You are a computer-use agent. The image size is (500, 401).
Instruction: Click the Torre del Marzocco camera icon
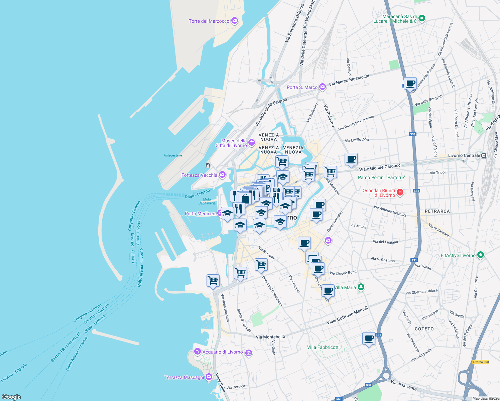tap(235, 21)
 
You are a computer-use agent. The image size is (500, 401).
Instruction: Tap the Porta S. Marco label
tap(302, 87)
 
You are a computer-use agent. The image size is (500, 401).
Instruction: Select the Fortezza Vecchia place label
tap(199, 175)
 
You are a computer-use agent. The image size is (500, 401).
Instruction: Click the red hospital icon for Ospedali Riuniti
tap(400, 192)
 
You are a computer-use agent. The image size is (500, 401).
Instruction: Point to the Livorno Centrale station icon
tap(483, 155)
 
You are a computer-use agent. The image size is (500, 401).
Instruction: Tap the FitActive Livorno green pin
tap(481, 255)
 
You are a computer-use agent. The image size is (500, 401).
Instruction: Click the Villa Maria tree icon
tap(361, 287)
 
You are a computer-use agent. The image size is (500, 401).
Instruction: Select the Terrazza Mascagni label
tap(184, 377)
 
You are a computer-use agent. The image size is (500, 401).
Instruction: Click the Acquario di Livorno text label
tap(223, 352)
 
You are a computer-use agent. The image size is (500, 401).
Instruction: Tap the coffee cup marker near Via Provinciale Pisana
tap(410, 84)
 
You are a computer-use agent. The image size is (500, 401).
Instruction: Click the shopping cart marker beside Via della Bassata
tap(213, 280)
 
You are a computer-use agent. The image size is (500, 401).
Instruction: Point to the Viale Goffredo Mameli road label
tap(347, 315)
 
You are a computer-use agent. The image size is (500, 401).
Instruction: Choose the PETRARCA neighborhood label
tap(437, 211)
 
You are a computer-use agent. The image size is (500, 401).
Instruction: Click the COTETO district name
tap(424, 329)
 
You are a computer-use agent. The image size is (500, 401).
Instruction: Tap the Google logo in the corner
tap(11, 397)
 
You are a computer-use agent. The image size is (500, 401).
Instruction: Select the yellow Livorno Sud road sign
tap(481, 362)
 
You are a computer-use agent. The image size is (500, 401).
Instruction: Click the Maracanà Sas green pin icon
tap(422, 18)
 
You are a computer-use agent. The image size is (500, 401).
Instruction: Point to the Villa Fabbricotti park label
tap(323, 347)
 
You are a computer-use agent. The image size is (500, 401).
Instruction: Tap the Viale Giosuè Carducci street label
tap(380, 167)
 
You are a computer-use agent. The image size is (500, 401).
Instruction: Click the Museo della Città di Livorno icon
tap(252, 143)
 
